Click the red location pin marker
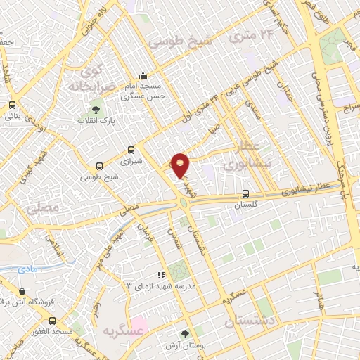click(181, 165)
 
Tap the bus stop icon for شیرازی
click(131, 150)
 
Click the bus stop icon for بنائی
click(12, 105)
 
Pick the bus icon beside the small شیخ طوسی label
click(98, 167)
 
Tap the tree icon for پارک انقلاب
click(96, 109)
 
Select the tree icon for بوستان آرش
click(185, 334)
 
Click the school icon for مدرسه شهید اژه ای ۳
click(161, 275)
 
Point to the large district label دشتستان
click(252, 321)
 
